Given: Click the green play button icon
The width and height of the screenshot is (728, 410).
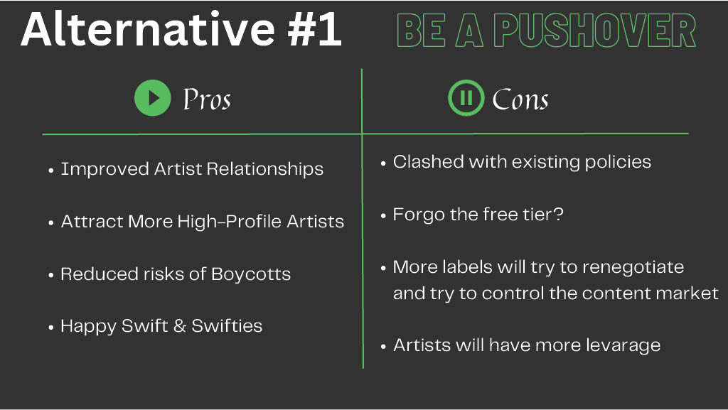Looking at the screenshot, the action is point(152,98).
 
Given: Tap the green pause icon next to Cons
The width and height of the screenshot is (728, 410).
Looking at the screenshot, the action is point(466,98).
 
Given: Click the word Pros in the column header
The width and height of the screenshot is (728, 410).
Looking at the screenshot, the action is point(207,99).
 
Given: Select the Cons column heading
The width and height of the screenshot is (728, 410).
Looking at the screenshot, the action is point(520,99).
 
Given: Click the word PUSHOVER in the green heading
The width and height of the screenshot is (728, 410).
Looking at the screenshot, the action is point(594,31).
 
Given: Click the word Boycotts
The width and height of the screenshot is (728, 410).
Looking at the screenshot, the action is point(251,274).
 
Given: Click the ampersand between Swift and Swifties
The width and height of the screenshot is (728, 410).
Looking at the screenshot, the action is point(180,326).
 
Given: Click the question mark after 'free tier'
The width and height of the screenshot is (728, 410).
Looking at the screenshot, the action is point(559,214).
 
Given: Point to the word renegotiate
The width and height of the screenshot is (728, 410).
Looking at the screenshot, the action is point(633,268).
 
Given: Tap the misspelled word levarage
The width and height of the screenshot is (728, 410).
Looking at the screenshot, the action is point(623,346).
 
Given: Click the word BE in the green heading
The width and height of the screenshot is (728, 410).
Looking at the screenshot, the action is point(421,31).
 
